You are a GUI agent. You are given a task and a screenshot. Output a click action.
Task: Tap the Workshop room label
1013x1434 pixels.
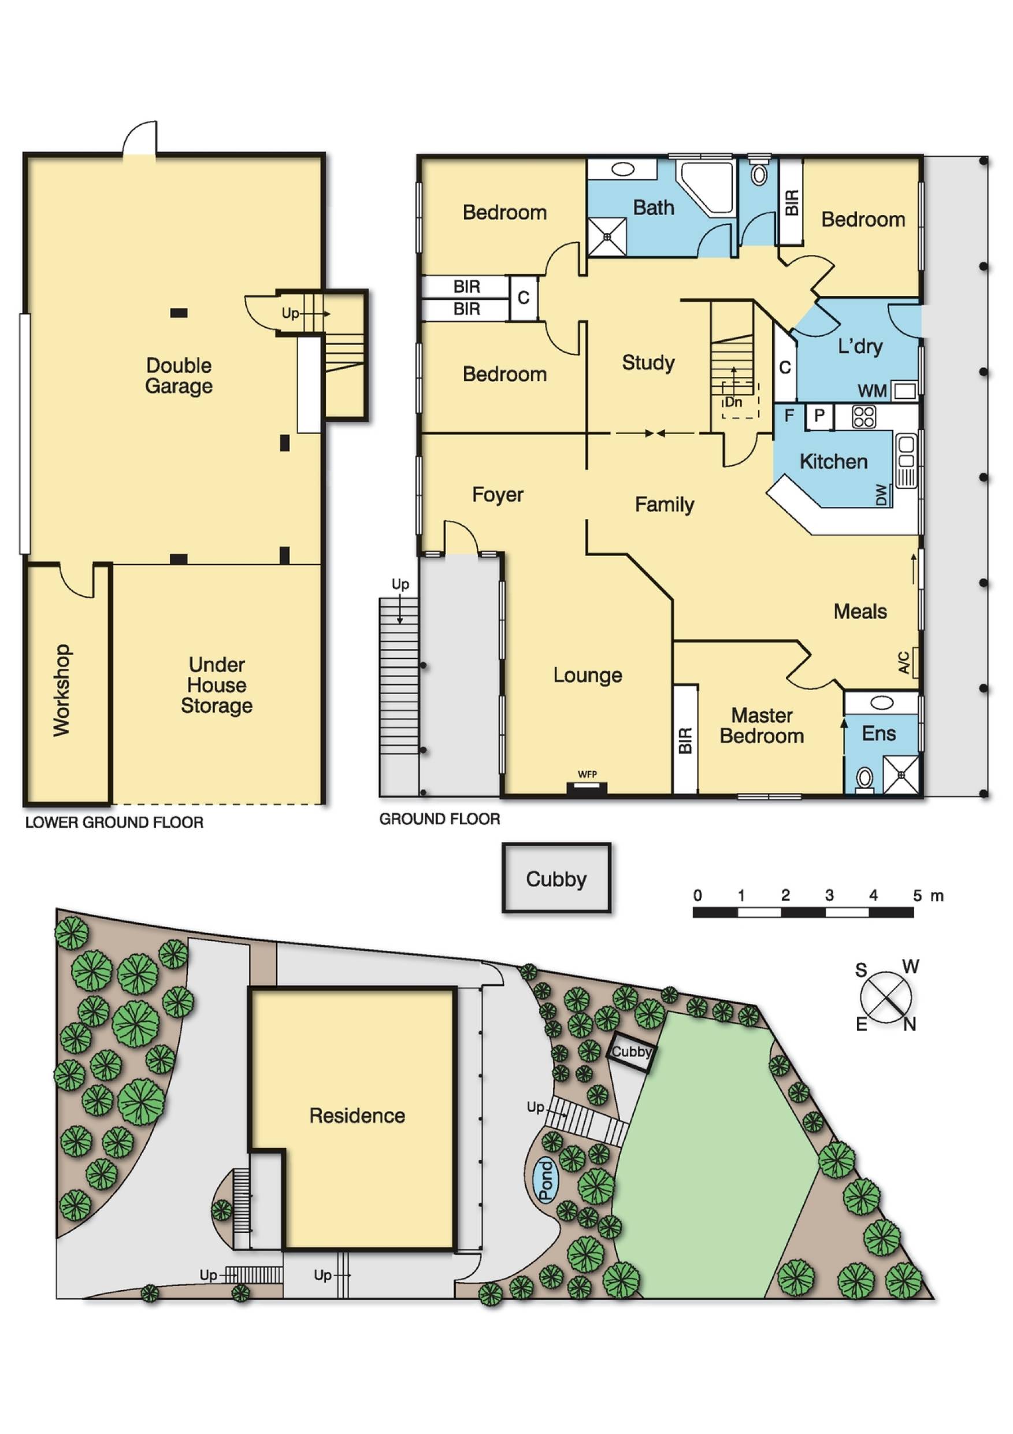[x=61, y=690]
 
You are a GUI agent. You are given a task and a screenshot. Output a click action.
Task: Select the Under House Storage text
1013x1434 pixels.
[x=217, y=684]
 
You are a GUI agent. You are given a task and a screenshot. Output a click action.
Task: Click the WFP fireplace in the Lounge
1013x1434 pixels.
[x=587, y=788]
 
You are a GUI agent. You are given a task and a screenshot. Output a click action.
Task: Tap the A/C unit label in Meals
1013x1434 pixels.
[x=904, y=662]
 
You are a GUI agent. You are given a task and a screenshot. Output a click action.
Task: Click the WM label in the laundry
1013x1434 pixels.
[x=872, y=391]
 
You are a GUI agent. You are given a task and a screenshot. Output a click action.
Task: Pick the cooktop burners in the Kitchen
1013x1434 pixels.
[x=864, y=417]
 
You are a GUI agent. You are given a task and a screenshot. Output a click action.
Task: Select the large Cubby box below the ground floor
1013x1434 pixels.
[x=556, y=879]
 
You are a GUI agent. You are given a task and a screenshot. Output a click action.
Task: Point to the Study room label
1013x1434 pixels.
[x=648, y=362]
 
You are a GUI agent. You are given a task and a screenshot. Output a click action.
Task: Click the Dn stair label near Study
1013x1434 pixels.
[x=733, y=402]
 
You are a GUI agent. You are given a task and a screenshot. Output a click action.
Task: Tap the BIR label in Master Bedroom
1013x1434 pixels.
[x=685, y=740]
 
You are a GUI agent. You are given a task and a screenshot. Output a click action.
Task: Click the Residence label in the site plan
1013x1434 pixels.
[x=357, y=1116]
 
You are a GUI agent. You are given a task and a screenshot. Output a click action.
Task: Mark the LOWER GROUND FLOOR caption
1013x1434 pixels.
[x=114, y=822]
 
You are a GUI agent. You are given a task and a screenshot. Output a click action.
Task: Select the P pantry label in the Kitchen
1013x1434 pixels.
[x=819, y=416]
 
